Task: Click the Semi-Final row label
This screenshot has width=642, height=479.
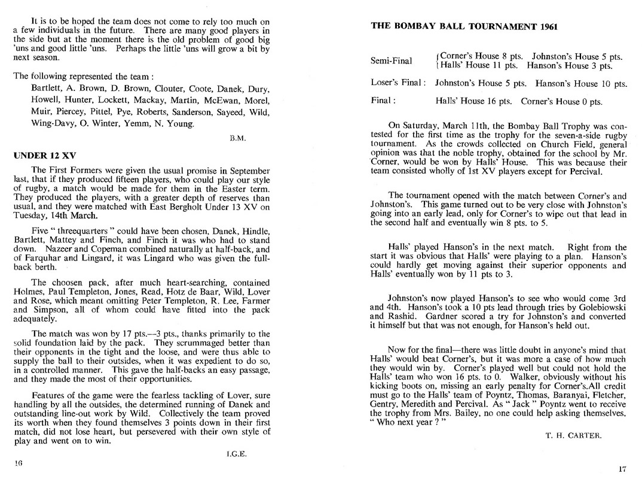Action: tap(392, 61)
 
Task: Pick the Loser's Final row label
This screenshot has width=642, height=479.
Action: tap(398, 83)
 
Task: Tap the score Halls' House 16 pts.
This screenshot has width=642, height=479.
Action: tap(473, 101)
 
